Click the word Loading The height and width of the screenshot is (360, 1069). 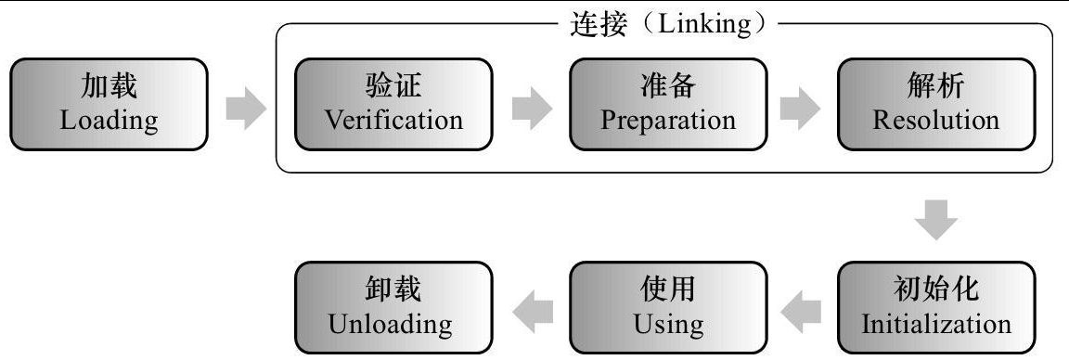tap(109, 121)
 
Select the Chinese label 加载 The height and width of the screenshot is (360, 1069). tap(109, 87)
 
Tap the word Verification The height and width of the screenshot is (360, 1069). tap(394, 121)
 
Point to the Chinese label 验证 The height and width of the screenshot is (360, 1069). tap(394, 87)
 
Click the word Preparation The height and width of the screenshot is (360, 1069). tap(668, 121)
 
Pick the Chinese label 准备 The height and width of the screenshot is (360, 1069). tap(668, 87)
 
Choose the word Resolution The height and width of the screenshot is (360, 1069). tap(935, 121)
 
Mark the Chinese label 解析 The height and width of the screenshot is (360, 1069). tap(935, 87)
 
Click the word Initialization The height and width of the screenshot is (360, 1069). tap(935, 325)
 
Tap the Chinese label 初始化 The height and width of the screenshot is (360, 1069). tap(935, 291)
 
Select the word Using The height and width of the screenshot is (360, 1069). tap(668, 325)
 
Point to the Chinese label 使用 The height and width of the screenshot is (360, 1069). tap(668, 291)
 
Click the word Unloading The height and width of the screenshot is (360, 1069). tap(390, 325)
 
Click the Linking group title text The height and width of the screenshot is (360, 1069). tap(664, 25)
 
